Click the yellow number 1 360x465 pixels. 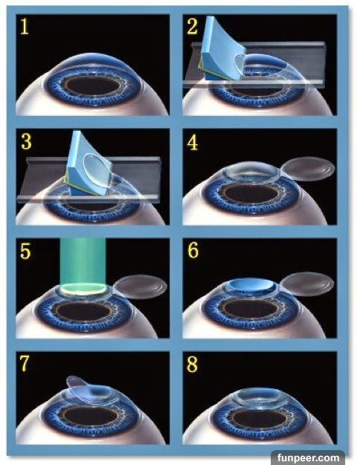(25, 27)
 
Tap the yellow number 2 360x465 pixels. (192, 26)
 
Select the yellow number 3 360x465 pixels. (26, 142)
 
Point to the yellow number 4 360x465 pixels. (193, 143)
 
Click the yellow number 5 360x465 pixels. (25, 251)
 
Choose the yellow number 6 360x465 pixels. (193, 250)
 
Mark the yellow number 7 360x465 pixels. (25, 364)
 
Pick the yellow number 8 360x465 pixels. (192, 364)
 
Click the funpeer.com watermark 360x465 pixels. (309, 458)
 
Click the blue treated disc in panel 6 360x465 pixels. (251, 284)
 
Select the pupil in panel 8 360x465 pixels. (260, 418)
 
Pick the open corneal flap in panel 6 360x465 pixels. (307, 285)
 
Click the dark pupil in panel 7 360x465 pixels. (91, 416)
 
